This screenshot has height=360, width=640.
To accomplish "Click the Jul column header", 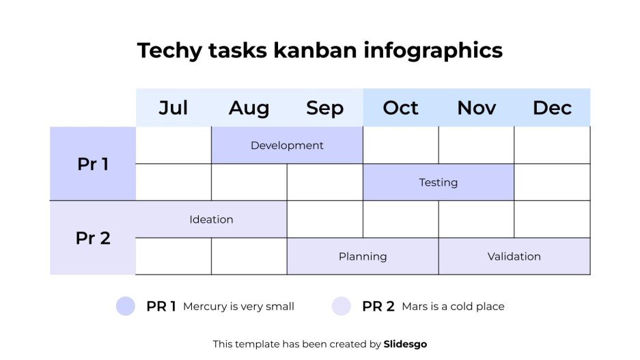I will tap(173, 108).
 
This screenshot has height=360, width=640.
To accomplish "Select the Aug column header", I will tap(249, 108).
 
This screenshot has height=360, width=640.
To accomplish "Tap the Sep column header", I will tap(324, 108).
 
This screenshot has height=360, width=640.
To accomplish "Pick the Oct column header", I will tap(400, 108).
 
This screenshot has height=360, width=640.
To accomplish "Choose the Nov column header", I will tap(476, 108).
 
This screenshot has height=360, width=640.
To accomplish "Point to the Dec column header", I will tap(552, 108).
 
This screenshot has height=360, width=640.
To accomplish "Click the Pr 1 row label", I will tap(93, 164).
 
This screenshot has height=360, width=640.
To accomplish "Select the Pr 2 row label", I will tap(93, 238).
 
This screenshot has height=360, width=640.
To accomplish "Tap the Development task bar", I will tap(287, 146).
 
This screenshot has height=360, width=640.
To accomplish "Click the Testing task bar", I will tap(438, 182).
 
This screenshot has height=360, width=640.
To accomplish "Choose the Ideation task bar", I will tap(211, 219).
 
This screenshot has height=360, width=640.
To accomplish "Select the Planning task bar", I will tap(363, 257).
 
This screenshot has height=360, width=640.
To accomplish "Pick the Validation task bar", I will tap(514, 257).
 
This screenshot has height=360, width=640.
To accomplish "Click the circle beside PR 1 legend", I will tap(126, 306).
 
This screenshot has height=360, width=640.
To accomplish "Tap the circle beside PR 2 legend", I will tap(342, 306).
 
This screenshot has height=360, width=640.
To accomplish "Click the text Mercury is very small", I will tap(238, 307).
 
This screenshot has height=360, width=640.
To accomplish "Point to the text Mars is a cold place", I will tap(453, 307).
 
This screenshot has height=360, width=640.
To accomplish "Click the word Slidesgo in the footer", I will tap(405, 344).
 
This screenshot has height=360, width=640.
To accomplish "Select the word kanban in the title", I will tap(316, 51).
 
